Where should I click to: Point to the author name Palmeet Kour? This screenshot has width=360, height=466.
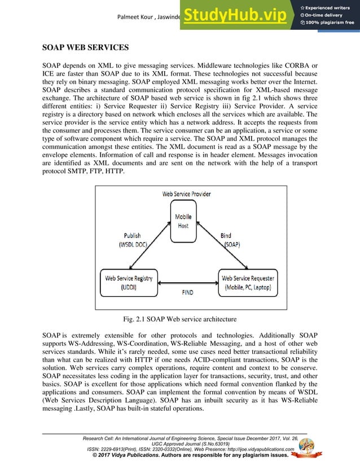click(134, 15)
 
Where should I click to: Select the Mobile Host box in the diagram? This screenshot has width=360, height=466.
click(182, 221)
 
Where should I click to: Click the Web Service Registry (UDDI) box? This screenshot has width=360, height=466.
click(129, 282)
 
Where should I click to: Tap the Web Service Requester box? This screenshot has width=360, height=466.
click(248, 282)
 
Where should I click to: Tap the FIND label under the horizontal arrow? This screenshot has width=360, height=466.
click(187, 293)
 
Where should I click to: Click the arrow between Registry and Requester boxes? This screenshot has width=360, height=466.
click(187, 283)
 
